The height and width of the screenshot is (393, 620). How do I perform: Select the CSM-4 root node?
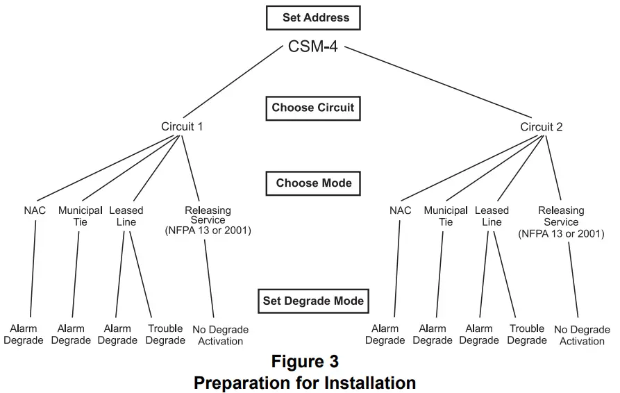coord(313,47)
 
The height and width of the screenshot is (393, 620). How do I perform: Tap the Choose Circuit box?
coord(312,108)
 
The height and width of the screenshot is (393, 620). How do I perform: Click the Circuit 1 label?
coord(182,126)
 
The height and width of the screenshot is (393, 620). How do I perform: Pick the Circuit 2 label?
coord(542,126)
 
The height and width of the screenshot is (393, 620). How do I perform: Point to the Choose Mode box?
coord(313,183)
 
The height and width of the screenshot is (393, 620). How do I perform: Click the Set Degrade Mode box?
coord(312,301)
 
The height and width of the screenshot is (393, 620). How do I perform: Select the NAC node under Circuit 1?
coord(35,210)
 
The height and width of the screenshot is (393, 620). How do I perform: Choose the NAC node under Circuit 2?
coord(400,210)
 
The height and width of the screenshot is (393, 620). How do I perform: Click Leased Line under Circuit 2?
coord(492,216)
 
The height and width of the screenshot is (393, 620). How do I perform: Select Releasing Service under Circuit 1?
coord(208,220)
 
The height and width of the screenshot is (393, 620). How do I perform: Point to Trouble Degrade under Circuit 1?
coord(165,335)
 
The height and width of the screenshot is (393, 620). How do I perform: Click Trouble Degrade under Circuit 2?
coord(527,335)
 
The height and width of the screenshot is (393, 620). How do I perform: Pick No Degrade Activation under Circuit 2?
coord(582,335)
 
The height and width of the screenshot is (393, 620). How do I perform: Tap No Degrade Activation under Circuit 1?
coord(221,335)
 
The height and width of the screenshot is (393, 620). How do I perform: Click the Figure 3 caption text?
coord(305,362)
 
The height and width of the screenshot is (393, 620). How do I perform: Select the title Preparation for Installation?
coord(305,383)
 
